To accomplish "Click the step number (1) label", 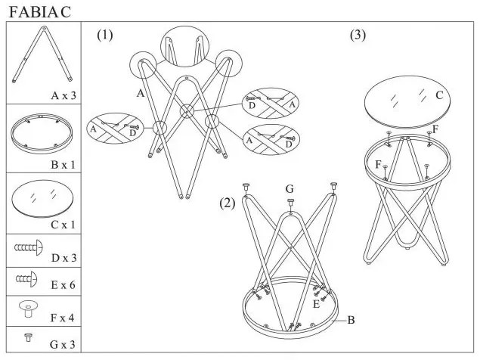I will (104, 35).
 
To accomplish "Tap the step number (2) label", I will (228, 203).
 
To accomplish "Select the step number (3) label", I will (358, 35).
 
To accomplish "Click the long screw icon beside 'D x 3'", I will (29, 247).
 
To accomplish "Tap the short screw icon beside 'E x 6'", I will (26, 280).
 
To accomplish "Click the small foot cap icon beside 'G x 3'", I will (28, 337).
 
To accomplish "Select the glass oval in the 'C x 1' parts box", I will (42, 198).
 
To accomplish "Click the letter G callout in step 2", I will (289, 188).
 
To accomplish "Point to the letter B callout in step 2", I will (351, 320).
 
